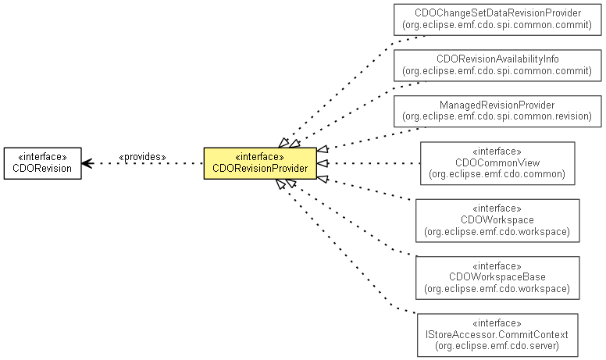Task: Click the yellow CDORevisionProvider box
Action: pyautogui.click(x=260, y=163)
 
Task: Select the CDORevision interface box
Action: pyautogui.click(x=42, y=163)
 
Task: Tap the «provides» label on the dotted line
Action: pyautogui.click(x=142, y=157)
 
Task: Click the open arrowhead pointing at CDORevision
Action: pyautogui.click(x=87, y=163)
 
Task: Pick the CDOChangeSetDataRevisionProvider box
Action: pyautogui.click(x=497, y=20)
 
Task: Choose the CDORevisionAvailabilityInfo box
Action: pyautogui.click(x=497, y=65)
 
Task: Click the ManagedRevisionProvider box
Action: pyautogui.click(x=497, y=111)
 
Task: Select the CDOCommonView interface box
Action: pyautogui.click(x=497, y=163)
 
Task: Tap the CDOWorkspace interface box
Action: pyautogui.click(x=497, y=221)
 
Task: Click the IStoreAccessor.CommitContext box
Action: pyautogui.click(x=497, y=335)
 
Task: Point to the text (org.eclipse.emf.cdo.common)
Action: pyautogui.click(x=497, y=174)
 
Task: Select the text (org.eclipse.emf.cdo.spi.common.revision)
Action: pyautogui.click(x=497, y=116)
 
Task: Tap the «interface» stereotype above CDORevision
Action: pyautogui.click(x=42, y=157)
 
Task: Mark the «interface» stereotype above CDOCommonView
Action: pyautogui.click(x=497, y=151)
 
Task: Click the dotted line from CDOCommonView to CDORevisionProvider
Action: pyautogui.click(x=367, y=163)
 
